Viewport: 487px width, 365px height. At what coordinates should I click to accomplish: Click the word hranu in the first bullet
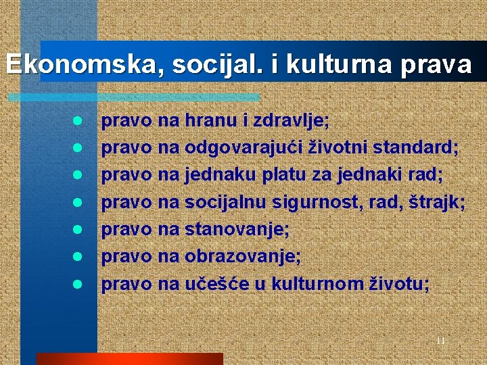point(215,122)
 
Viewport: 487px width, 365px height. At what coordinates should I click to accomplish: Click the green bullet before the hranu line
point(78,122)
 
